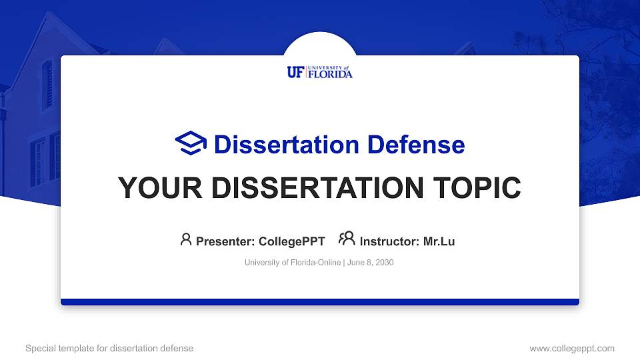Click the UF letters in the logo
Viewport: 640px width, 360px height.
295,73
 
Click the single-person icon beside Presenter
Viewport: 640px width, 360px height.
186,239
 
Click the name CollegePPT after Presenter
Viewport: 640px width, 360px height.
291,241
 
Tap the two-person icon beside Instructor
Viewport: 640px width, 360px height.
347,239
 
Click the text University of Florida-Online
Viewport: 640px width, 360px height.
293,263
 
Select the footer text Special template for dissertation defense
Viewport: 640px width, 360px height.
109,348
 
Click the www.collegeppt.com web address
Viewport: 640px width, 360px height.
572,348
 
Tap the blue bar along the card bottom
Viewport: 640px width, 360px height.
320,302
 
